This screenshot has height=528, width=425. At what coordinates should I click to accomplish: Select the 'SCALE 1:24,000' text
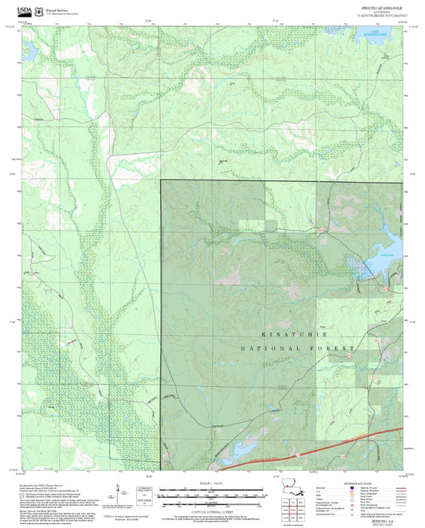212,483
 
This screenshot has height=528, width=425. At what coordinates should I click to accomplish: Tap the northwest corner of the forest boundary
162,180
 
